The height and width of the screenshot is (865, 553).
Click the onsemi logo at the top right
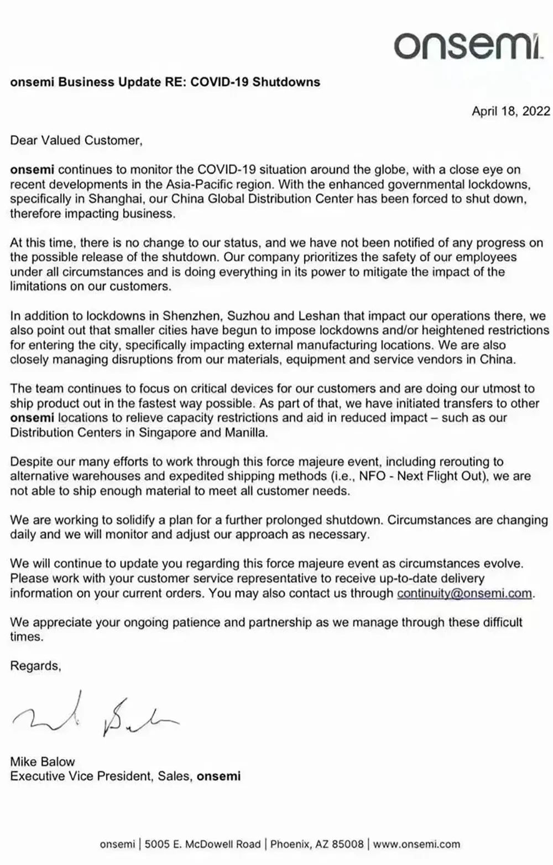(x=468, y=45)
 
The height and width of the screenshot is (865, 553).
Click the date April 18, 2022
(x=510, y=111)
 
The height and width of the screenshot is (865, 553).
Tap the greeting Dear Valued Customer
(x=76, y=141)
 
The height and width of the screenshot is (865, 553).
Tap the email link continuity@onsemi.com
(x=465, y=593)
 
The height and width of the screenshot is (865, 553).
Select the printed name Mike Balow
(x=43, y=762)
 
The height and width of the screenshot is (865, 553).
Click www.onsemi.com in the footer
(x=416, y=844)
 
